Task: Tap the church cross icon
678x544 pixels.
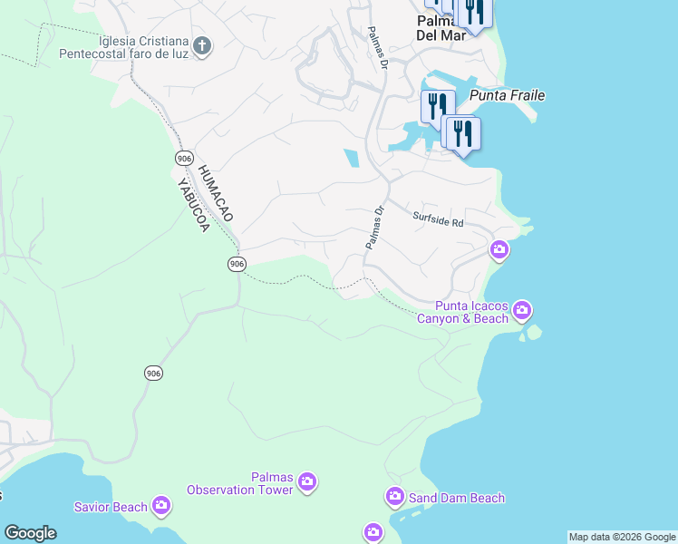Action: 201,44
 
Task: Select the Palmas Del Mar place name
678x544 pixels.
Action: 441,28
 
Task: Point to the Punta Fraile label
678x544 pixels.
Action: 507,95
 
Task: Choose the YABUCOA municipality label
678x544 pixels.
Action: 193,205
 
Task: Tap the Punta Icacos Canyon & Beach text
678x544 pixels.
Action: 462,312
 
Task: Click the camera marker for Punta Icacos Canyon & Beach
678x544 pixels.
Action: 522,311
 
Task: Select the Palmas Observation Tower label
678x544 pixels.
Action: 240,483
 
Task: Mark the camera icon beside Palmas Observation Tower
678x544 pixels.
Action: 306,481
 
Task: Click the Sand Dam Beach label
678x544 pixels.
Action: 457,498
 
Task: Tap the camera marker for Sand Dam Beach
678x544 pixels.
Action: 394,496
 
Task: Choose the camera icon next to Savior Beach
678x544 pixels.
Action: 161,505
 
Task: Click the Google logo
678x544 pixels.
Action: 30,533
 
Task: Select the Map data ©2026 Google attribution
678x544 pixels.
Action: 623,537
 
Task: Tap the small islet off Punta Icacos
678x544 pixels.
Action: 534,332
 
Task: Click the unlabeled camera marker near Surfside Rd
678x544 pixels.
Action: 499,249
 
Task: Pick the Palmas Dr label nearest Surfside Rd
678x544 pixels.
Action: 375,228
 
